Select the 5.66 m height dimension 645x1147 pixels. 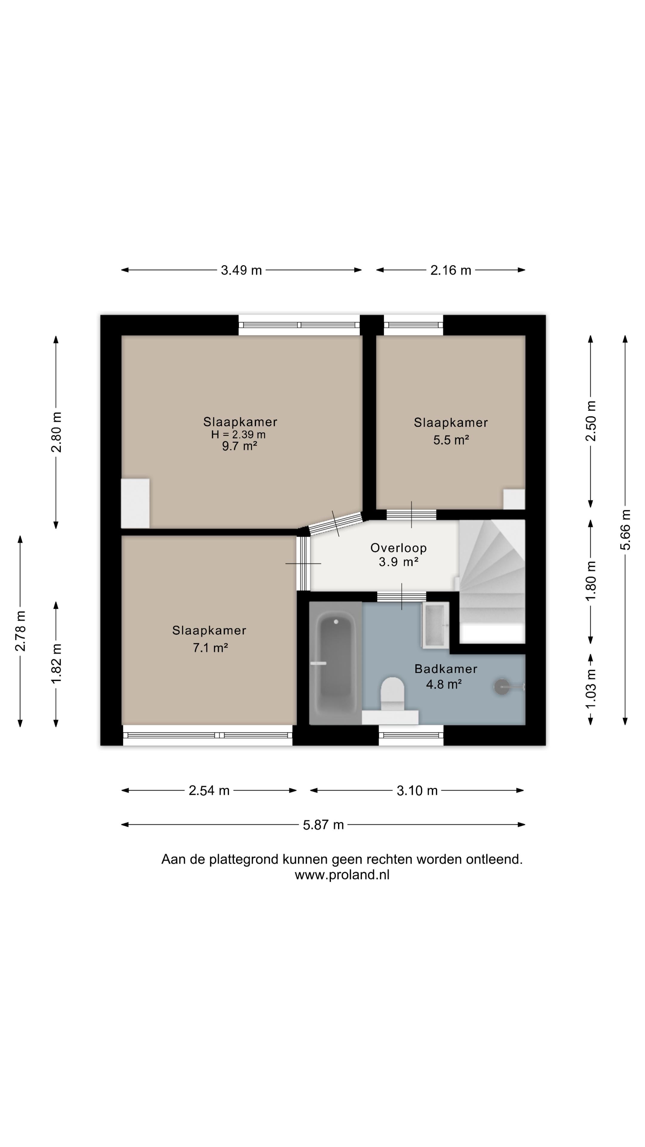point(625,530)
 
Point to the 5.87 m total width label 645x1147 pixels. point(323,825)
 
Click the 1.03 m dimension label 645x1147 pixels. point(590,689)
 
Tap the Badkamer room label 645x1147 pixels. point(446,669)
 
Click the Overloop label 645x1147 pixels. point(398,548)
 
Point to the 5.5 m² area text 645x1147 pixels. point(451,440)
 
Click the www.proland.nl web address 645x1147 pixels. point(342,875)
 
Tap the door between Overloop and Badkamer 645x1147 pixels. point(402,597)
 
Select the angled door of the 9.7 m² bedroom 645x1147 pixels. point(336,524)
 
